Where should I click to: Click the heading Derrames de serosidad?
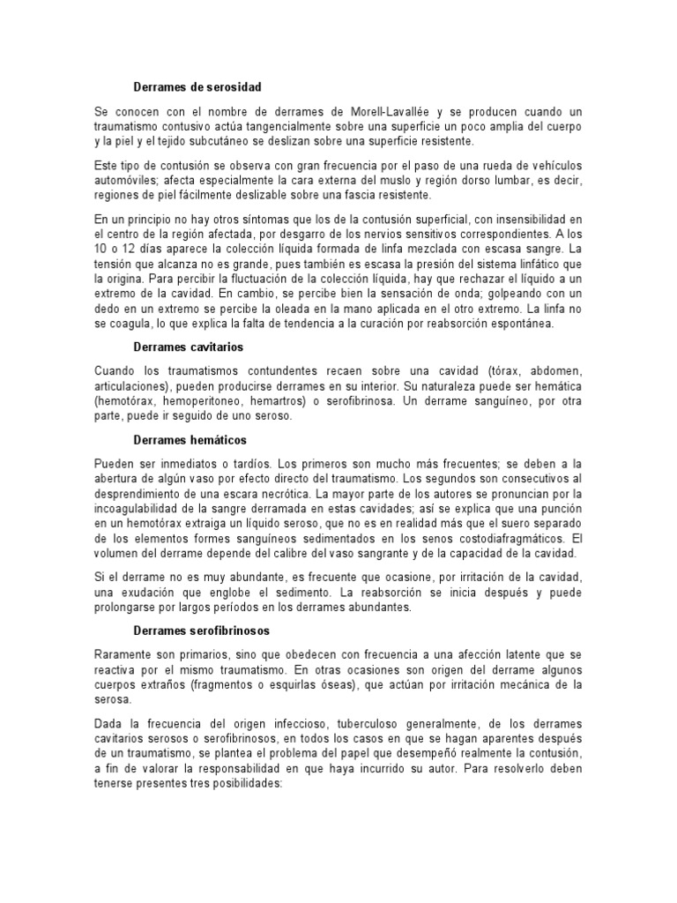[197, 87]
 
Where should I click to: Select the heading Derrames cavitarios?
[190, 347]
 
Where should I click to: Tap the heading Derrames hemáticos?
[190, 439]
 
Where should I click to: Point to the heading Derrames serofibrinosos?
[202, 631]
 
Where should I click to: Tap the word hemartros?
[291, 400]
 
